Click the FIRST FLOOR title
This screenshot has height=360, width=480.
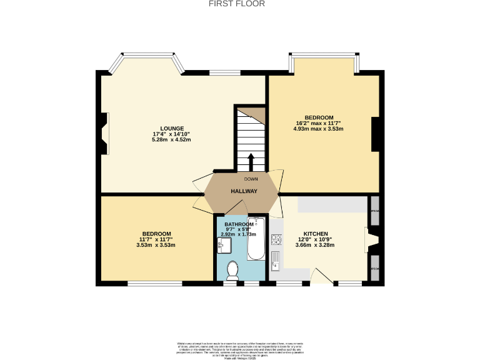click(236, 4)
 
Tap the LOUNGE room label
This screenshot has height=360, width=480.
click(171, 128)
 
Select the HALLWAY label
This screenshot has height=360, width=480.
click(244, 191)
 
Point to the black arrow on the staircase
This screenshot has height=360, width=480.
click(251, 161)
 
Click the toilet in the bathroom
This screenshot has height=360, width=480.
click(232, 269)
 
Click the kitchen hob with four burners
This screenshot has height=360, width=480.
click(276, 239)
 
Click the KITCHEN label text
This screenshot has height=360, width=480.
click(315, 233)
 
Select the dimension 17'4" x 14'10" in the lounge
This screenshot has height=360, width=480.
click(171, 134)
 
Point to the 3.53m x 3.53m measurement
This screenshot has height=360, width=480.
click(156, 245)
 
